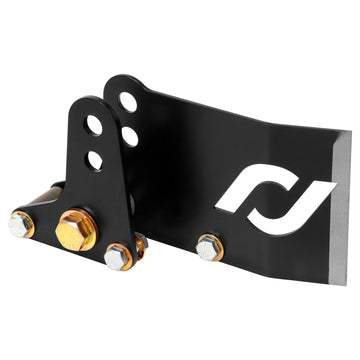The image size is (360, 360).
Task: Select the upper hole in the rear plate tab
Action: [x=128, y=101]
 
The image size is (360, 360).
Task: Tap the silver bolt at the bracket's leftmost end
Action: [x=20, y=224]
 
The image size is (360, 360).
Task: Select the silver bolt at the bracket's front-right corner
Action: [x=117, y=256]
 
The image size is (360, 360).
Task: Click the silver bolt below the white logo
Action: [x=208, y=246]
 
